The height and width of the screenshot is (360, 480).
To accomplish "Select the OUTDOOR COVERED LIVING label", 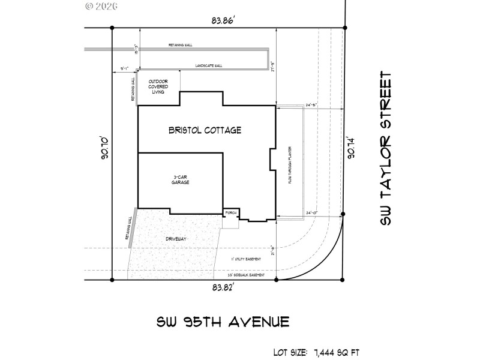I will tap(158, 87).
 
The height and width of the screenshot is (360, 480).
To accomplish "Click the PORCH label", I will tap(230, 213).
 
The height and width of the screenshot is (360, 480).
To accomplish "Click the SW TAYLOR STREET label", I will tap(386, 150).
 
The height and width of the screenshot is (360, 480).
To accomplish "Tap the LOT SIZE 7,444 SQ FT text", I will tap(315, 352).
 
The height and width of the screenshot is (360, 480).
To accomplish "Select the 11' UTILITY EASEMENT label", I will tap(245, 259).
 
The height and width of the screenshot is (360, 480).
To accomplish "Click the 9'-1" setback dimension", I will tap(125, 69).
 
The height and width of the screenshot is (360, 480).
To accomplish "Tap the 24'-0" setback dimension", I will tap(312, 213).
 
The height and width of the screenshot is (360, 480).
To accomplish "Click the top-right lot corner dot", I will tap(344, 28).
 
